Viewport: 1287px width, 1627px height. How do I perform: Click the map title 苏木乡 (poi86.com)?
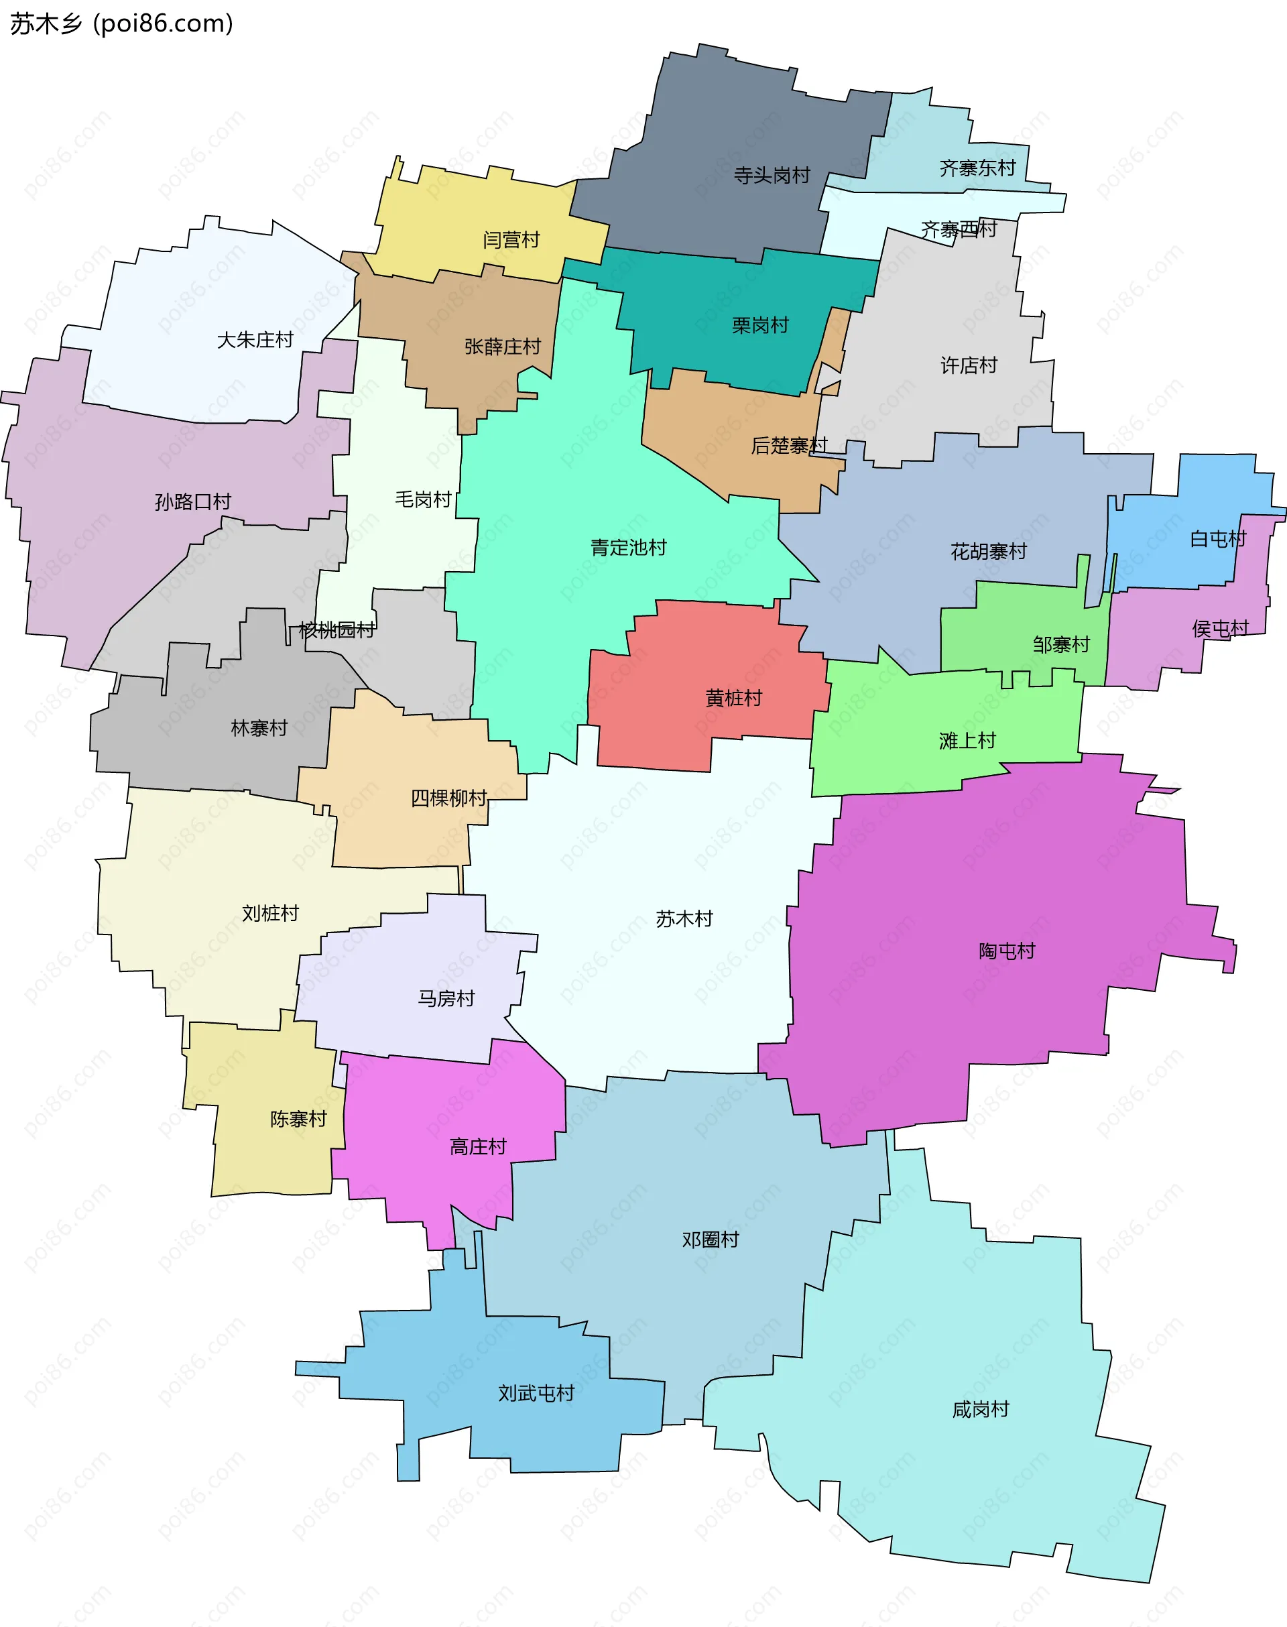pos(121,24)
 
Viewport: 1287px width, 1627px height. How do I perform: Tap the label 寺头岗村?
pos(772,176)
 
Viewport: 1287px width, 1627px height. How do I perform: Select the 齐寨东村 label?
pos(977,168)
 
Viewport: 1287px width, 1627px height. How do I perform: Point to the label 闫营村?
pos(511,239)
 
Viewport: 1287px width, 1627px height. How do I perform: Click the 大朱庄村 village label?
pos(255,340)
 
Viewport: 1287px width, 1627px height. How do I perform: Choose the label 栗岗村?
pos(759,326)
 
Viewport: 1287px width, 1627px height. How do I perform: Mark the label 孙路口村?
pos(193,502)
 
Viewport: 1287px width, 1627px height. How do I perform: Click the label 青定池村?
pos(629,548)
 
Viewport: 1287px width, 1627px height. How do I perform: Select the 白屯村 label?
pos(1218,539)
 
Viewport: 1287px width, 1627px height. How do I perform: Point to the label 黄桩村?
pos(733,698)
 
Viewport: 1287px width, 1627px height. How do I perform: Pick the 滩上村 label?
pos(967,741)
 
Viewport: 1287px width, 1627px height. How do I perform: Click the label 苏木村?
pos(684,918)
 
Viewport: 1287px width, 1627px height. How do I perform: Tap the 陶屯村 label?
pos(1007,951)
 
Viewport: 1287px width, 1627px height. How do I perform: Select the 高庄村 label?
pos(478,1147)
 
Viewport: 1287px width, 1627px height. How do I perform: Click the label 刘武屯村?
pos(536,1394)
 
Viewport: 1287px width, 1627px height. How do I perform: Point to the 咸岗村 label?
pos(980,1409)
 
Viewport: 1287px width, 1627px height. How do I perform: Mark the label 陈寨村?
pos(298,1119)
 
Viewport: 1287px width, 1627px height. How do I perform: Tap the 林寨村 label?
pos(259,728)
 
